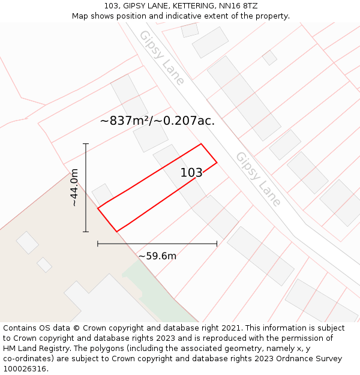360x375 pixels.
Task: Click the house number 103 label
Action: [x=191, y=173]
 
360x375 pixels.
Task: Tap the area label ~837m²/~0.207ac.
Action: [x=157, y=121]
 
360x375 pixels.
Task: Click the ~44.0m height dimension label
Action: [x=74, y=188]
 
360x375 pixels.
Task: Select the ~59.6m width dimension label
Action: [x=157, y=256]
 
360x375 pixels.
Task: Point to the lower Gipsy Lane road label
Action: [x=258, y=179]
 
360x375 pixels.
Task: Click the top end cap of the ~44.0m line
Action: [x=86, y=144]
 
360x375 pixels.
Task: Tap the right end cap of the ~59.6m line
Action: [x=217, y=244]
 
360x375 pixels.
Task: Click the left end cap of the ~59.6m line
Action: [x=98, y=244]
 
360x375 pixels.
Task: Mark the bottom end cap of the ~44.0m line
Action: [x=86, y=232]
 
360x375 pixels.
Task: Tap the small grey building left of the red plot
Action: [x=102, y=194]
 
